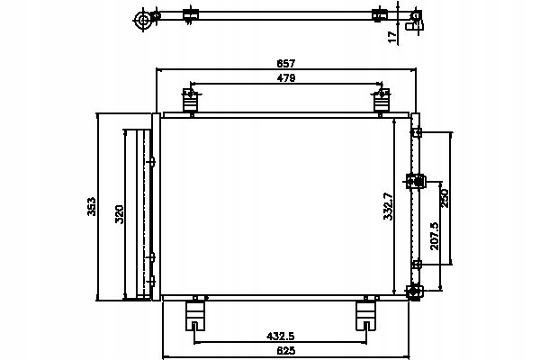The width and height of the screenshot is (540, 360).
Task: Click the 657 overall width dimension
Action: [x=286, y=63]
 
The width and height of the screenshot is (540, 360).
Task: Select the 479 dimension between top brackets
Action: [x=286, y=78]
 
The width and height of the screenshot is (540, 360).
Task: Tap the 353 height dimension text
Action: [x=91, y=206]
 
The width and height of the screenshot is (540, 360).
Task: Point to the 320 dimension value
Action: [x=119, y=214]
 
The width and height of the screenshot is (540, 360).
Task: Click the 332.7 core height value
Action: [x=388, y=206]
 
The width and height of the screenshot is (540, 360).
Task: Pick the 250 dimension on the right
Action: [x=445, y=198]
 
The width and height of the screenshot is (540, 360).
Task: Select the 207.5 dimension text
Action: [x=435, y=236]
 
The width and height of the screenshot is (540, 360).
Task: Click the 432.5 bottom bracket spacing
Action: [x=281, y=336]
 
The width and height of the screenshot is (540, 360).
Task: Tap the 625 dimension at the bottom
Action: [x=286, y=350]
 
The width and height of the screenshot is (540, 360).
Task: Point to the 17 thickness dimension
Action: [x=392, y=37]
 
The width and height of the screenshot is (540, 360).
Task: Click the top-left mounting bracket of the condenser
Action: [x=191, y=100]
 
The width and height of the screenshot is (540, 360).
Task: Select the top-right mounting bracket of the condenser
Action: [x=382, y=100]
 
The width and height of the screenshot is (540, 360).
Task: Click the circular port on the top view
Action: [x=143, y=20]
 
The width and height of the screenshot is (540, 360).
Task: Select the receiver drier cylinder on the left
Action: [x=138, y=213]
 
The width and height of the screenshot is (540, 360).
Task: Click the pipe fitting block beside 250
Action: [x=416, y=181]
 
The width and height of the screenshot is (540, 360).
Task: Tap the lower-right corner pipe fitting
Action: [x=414, y=292]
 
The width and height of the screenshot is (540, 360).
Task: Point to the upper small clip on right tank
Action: [x=417, y=132]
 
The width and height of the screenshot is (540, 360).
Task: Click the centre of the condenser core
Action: [x=276, y=206]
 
